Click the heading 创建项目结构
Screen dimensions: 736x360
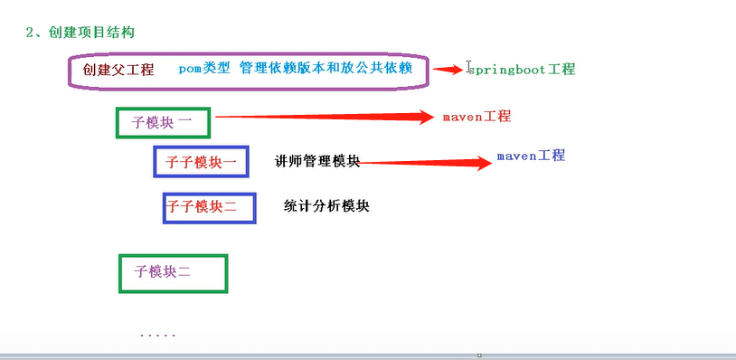click(x=91, y=33)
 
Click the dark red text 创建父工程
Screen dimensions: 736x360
click(x=118, y=70)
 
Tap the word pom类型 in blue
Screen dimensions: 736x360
click(x=204, y=69)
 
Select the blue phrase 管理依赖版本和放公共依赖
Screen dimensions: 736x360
click(x=326, y=68)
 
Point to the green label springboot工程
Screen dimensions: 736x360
click(x=522, y=70)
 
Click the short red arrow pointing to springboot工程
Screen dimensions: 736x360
click(x=448, y=70)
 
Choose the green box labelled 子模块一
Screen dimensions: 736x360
click(x=163, y=123)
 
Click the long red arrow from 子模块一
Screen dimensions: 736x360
click(x=325, y=117)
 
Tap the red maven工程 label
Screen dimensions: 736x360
click(x=477, y=117)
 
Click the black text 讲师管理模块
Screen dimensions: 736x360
click(x=317, y=162)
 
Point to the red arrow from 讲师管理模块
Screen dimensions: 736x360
click(x=424, y=163)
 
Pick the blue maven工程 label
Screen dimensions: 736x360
click(x=531, y=156)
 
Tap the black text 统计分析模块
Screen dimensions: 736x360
click(x=326, y=206)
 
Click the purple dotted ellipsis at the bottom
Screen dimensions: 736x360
click(x=157, y=336)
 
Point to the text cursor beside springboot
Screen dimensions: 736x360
click(x=468, y=66)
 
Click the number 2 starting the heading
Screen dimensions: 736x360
click(x=29, y=33)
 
